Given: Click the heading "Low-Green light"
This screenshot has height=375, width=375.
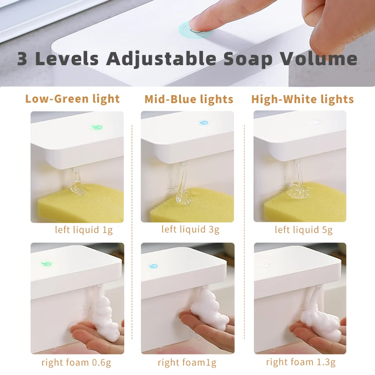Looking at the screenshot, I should click(x=73, y=99).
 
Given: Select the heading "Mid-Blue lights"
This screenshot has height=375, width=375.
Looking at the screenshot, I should click(x=189, y=99).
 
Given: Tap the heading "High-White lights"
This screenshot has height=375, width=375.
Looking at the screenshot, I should click(x=302, y=99).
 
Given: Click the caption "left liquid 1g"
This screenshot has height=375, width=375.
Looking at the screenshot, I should click(x=84, y=230).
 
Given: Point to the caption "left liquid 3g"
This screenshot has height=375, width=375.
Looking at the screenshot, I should click(x=190, y=229).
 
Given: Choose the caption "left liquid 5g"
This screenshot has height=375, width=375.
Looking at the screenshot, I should click(x=304, y=230).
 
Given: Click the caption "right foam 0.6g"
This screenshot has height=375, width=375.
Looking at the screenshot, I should click(x=76, y=362).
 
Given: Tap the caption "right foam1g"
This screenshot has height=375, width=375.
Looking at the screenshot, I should click(x=187, y=362).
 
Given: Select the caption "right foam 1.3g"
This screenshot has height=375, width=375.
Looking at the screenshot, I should click(x=301, y=362).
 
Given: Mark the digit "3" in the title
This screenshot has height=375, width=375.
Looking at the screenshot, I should click(x=23, y=60).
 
